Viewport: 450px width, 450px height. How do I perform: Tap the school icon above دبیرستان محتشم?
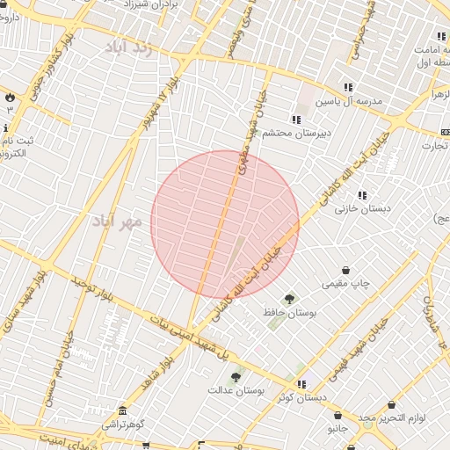point(296,120)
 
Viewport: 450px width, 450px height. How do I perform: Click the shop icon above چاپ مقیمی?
point(346,270)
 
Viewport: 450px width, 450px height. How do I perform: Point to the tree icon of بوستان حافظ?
point(289,299)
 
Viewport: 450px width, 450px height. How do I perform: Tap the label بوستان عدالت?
point(236,389)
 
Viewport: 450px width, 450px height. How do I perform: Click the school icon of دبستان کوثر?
point(301,384)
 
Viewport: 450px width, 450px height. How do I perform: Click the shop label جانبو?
point(338,429)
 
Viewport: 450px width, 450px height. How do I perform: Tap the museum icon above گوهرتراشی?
point(121,411)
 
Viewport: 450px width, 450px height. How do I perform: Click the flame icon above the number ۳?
point(10,97)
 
